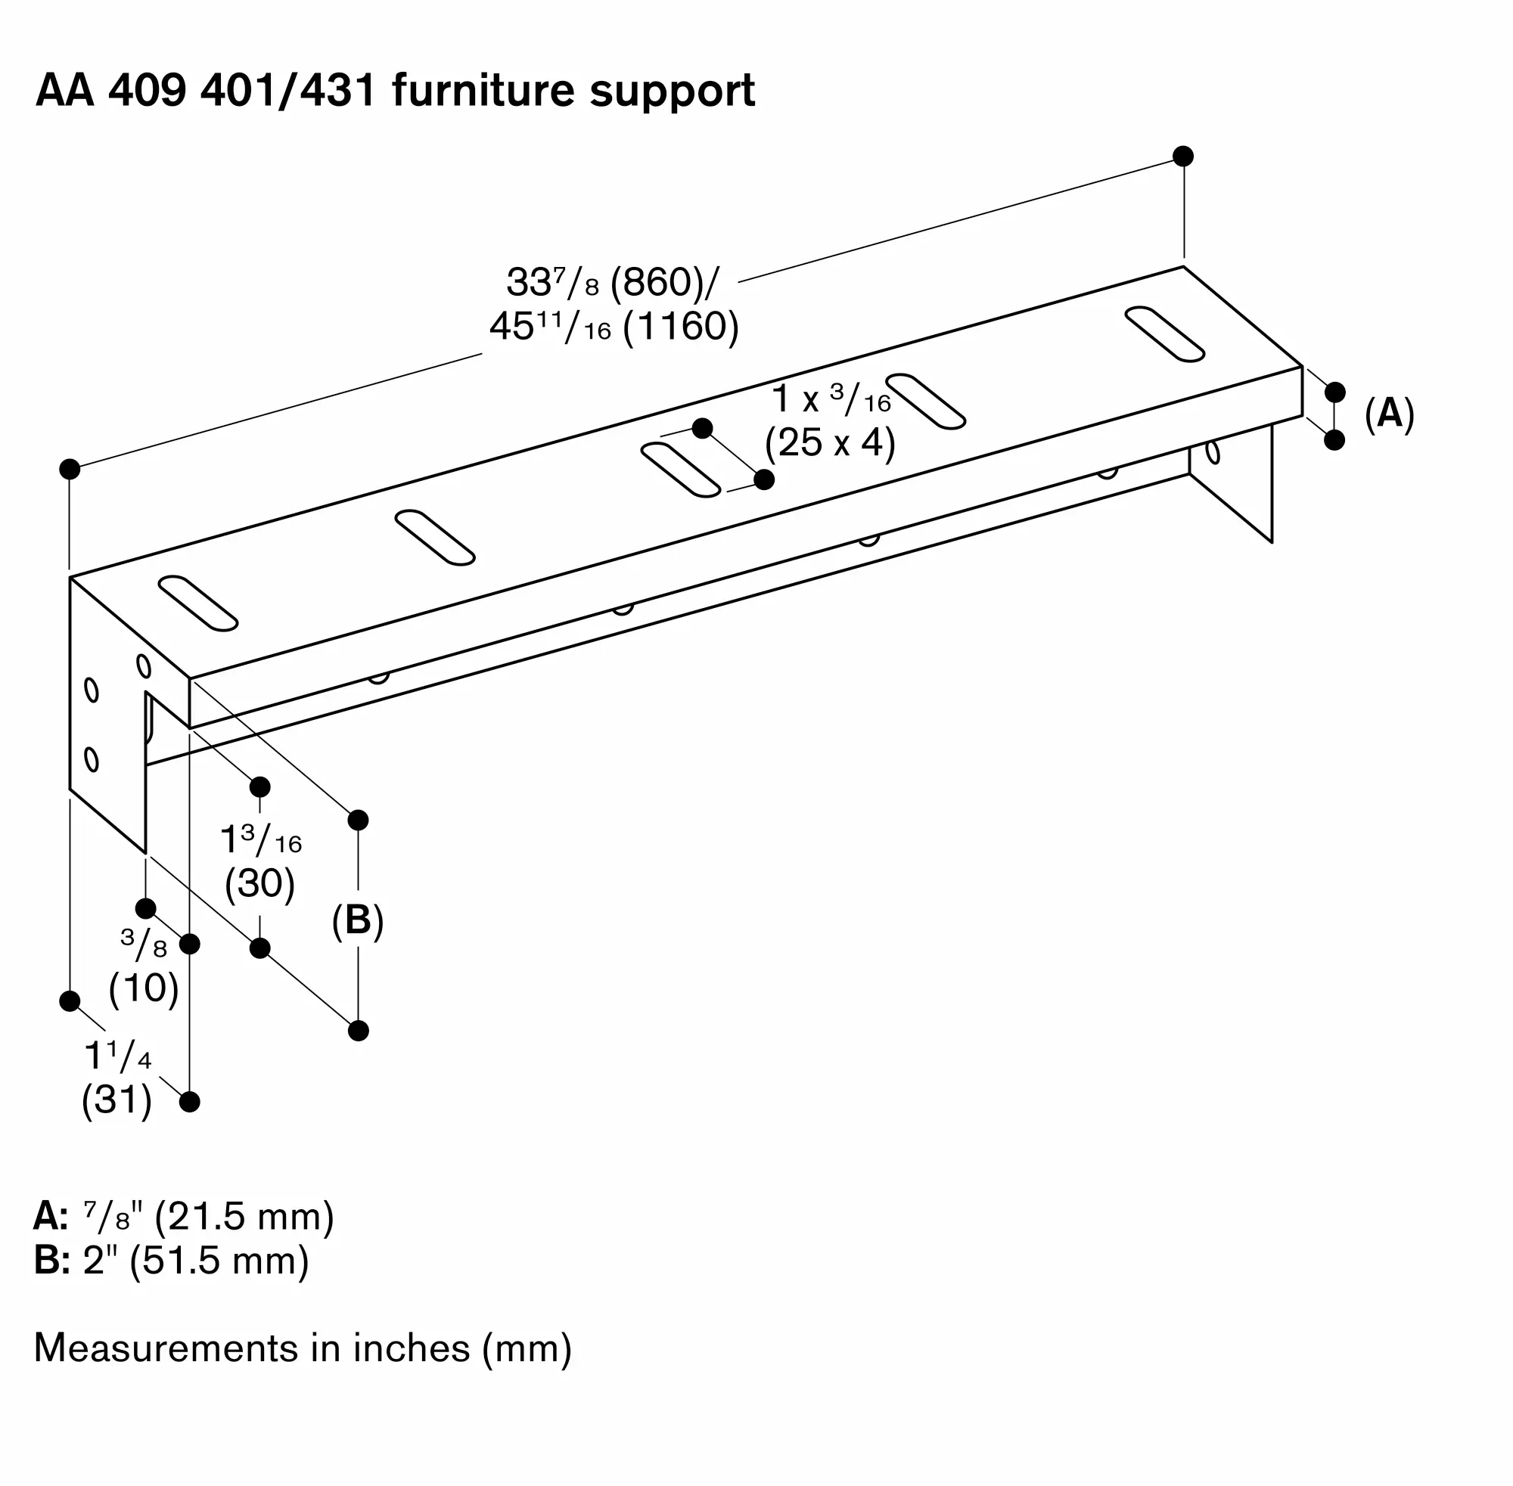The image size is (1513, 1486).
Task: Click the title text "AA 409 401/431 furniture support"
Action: tap(395, 91)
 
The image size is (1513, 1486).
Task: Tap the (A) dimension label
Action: tap(1390, 413)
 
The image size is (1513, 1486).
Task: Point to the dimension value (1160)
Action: tap(681, 327)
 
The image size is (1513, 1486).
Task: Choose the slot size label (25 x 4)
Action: tap(830, 442)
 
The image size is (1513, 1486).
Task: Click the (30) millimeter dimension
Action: tap(260, 883)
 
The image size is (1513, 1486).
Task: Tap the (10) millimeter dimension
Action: tap(144, 988)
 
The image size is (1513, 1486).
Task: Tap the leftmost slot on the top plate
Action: tap(197, 603)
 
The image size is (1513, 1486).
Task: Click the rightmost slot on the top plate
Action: tap(1164, 334)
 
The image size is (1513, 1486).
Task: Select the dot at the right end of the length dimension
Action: tap(1183, 156)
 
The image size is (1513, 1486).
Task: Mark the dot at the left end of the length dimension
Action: tap(70, 469)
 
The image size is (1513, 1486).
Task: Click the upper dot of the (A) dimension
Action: tap(1335, 392)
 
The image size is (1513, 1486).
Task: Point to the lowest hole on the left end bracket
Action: tap(92, 759)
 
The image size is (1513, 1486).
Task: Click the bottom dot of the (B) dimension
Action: tap(359, 1031)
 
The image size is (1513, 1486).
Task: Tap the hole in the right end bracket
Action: tap(1213, 452)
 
